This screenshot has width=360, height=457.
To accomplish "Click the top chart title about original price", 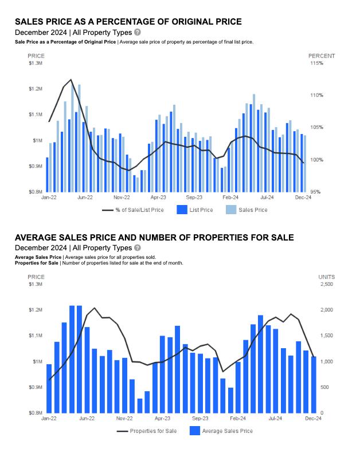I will coord(128,22).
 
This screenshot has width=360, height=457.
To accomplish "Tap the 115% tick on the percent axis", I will coord(317,63).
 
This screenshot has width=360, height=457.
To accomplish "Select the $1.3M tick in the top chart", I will coord(36,63).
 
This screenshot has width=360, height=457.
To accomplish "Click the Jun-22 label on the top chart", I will coord(85,197).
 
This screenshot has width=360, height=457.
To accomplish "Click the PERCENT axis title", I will coord(322,56).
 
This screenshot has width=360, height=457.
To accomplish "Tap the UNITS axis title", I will coord(327,277).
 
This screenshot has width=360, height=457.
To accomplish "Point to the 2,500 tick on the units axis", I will coord(326,284).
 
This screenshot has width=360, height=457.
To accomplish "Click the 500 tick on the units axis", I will coord(324,387).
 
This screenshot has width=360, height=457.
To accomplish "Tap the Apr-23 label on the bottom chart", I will coord(163,418).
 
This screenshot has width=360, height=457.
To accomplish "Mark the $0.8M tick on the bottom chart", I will coord(36,413).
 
